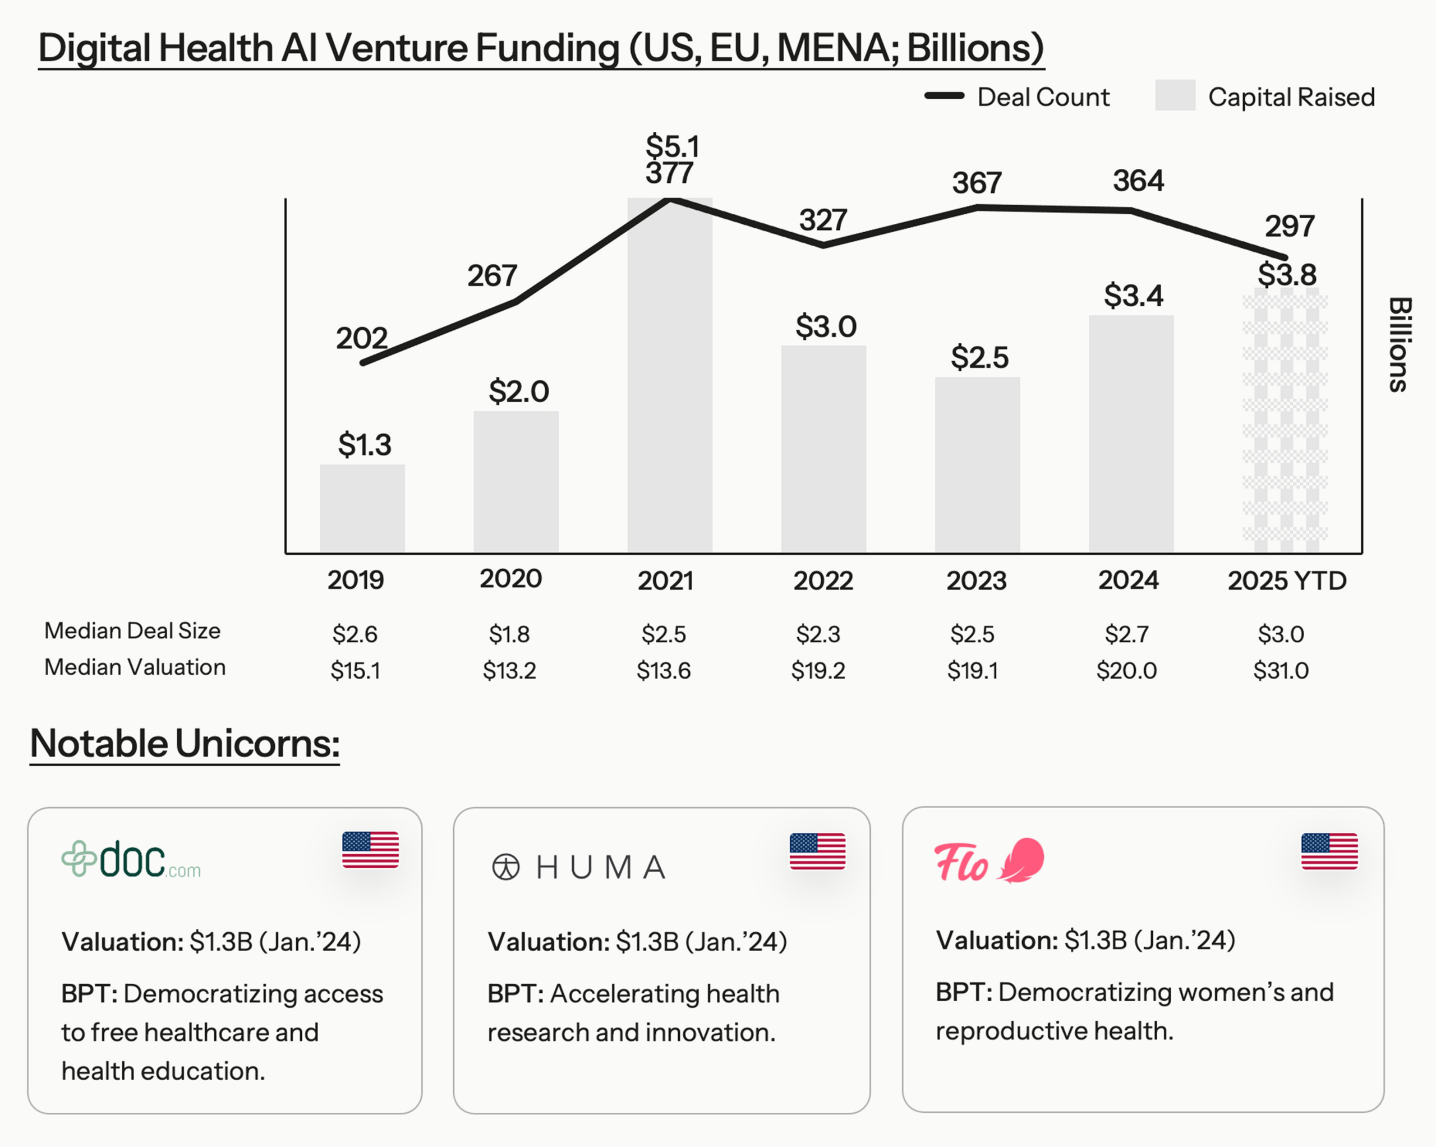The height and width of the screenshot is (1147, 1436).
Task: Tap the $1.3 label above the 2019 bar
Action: pyautogui.click(x=364, y=444)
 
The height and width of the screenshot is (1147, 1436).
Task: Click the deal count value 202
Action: pyautogui.click(x=361, y=338)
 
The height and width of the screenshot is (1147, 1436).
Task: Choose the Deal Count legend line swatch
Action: pyautogui.click(x=944, y=96)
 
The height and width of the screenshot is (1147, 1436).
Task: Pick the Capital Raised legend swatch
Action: pyautogui.click(x=1175, y=96)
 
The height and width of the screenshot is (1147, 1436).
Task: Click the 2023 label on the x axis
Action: pyautogui.click(x=976, y=581)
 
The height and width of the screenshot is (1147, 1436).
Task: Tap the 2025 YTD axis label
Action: pyautogui.click(x=1286, y=581)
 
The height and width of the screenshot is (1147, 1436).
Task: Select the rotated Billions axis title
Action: pyautogui.click(x=1400, y=344)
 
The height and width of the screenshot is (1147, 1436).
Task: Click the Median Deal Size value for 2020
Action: pyautogui.click(x=509, y=634)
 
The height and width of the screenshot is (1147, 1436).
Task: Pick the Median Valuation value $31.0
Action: pyautogui.click(x=1280, y=670)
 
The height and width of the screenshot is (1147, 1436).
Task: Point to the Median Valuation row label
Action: pyautogui.click(x=135, y=667)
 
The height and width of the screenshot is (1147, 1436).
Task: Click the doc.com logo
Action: pyautogui.click(x=131, y=859)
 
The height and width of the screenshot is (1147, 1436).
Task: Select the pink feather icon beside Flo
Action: pyautogui.click(x=1021, y=860)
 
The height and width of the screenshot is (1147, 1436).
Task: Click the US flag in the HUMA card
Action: pyautogui.click(x=817, y=851)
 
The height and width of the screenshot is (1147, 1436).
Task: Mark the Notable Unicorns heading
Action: pyautogui.click(x=185, y=743)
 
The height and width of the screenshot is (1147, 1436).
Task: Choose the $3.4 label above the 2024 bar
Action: pyautogui.click(x=1133, y=295)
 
